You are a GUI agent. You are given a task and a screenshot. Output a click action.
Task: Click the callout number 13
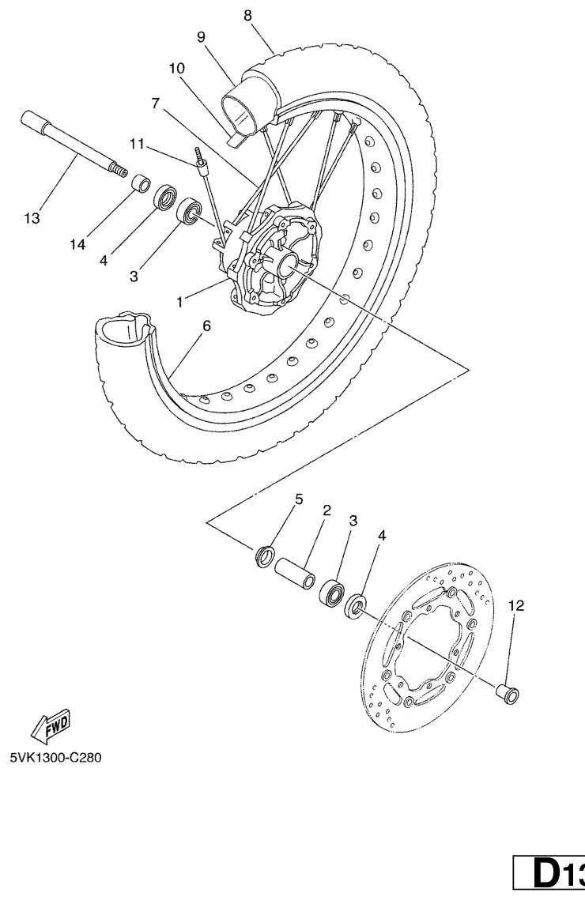32,218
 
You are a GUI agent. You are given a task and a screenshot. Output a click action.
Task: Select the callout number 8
247,16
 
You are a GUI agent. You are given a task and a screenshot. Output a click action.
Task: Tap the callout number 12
516,605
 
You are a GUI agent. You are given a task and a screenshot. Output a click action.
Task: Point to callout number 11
137,144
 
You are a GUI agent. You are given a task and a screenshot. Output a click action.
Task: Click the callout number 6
206,326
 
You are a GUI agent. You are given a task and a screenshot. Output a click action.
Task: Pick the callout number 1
179,301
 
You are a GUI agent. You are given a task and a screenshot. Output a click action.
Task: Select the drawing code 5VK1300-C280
55,758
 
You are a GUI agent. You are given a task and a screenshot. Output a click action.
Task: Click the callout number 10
177,68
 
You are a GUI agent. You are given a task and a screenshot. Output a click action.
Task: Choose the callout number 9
201,37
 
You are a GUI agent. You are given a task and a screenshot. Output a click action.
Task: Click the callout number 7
155,104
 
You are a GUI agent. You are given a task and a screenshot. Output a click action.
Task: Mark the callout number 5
299,499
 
